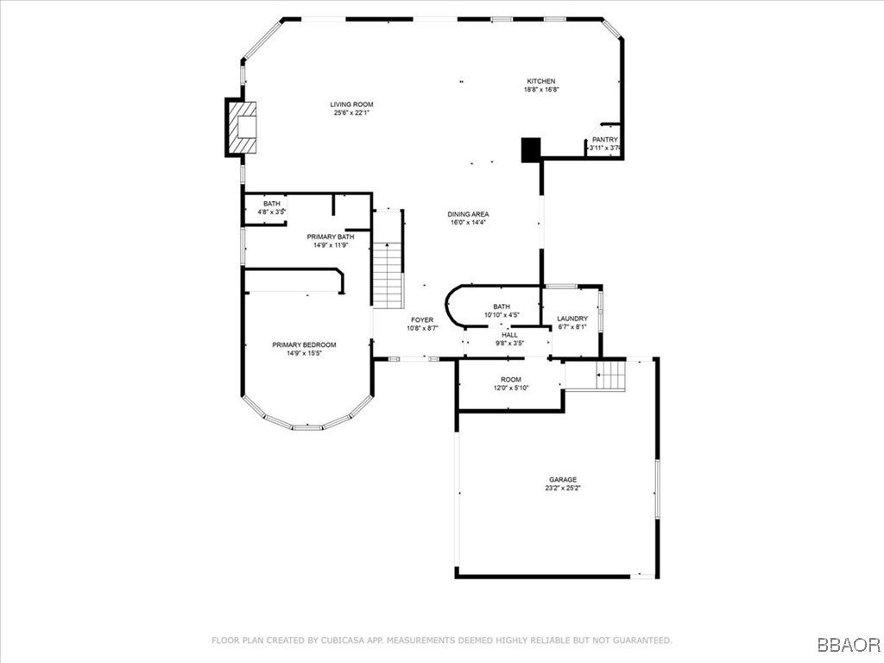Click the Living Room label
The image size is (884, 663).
pos(351,104)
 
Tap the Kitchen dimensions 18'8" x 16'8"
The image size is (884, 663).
pos(541,90)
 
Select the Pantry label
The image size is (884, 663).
pos(604,139)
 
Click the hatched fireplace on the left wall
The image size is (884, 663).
pos(243,128)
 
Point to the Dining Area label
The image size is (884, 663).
pos(468,214)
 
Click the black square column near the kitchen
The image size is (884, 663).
pos(530,149)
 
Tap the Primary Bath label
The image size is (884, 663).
pos(330,237)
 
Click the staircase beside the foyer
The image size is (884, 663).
pos(388,275)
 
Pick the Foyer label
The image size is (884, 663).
pos(422,320)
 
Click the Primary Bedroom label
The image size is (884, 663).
pos(304,344)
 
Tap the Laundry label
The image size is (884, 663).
pos(572,319)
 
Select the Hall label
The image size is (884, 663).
pos(509,334)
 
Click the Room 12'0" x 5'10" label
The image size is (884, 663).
pos(511,380)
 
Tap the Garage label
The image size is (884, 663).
pos(563,479)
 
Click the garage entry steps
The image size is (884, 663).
pos(611,376)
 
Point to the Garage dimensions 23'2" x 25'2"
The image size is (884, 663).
pos(563,488)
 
